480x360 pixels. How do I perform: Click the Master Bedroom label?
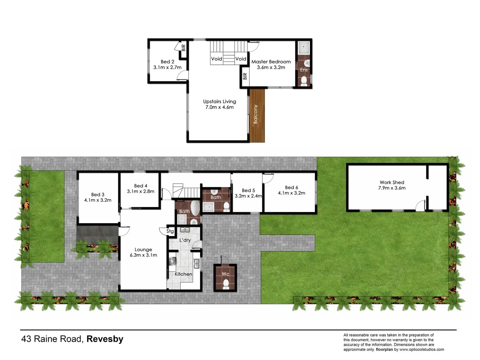tap(271, 62)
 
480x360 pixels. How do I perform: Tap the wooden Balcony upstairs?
tap(257, 115)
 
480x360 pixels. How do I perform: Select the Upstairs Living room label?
tap(219, 102)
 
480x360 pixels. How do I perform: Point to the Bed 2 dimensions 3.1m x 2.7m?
tap(167, 67)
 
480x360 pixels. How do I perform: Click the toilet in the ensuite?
tap(304, 81)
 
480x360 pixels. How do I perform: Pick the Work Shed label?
tap(392, 182)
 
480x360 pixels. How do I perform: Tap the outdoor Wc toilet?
tap(226, 284)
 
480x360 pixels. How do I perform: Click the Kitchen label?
tap(183, 274)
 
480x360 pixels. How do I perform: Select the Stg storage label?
tap(170, 231)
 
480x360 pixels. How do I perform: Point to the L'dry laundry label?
tap(185, 240)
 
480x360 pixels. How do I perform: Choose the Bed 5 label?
tap(248, 190)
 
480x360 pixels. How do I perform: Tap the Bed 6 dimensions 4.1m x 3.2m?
tap(291, 193)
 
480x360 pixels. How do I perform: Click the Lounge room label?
tap(143, 249)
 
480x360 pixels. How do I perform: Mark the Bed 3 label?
tap(98, 195)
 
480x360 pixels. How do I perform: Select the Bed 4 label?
tap(141, 186)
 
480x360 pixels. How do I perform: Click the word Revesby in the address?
tap(105, 339)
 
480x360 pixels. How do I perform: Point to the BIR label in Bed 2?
tap(183, 48)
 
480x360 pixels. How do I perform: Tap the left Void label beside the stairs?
tap(216, 59)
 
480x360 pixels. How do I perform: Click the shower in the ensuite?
tap(304, 48)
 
